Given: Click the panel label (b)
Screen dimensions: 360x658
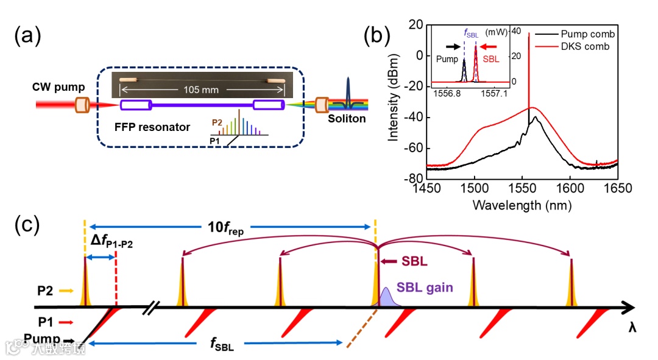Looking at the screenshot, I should point(377,37).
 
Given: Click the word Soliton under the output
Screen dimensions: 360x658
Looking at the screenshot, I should point(345,118).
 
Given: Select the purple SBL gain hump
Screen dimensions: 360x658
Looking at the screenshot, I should point(387,297).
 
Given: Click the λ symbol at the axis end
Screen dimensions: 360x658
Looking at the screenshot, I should point(633,326).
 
